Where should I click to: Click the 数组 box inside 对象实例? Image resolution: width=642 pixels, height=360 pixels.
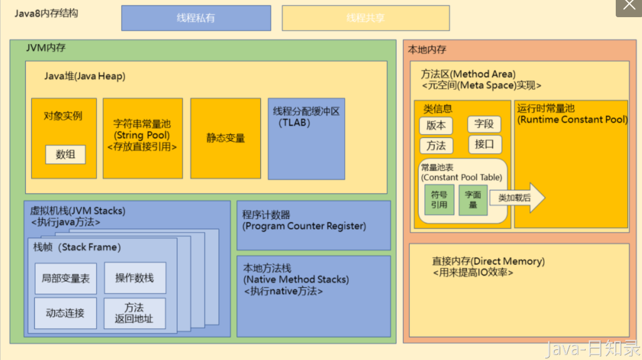tap(66, 155)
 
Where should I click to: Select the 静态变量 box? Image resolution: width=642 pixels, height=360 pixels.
tap(225, 138)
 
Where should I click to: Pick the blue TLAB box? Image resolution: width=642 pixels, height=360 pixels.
tap(306, 139)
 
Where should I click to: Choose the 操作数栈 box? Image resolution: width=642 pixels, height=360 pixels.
tap(135, 278)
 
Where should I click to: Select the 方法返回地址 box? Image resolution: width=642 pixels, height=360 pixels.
tap(135, 313)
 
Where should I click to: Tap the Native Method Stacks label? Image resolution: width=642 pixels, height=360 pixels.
tap(296, 279)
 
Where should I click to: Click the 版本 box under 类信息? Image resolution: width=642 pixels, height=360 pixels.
tap(436, 126)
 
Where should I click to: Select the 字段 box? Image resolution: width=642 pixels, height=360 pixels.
tap(484, 124)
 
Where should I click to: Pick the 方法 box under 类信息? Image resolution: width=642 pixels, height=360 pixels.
tap(436, 146)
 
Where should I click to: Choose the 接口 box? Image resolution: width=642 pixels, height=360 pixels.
tap(484, 144)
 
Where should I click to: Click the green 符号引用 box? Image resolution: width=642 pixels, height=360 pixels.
tap(439, 200)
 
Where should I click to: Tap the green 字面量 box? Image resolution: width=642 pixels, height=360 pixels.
tap(473, 200)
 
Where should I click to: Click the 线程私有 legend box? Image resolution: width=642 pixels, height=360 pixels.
tap(196, 18)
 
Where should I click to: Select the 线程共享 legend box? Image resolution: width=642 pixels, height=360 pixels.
tap(365, 18)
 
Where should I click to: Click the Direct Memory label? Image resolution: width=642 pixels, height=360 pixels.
tap(488, 262)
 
